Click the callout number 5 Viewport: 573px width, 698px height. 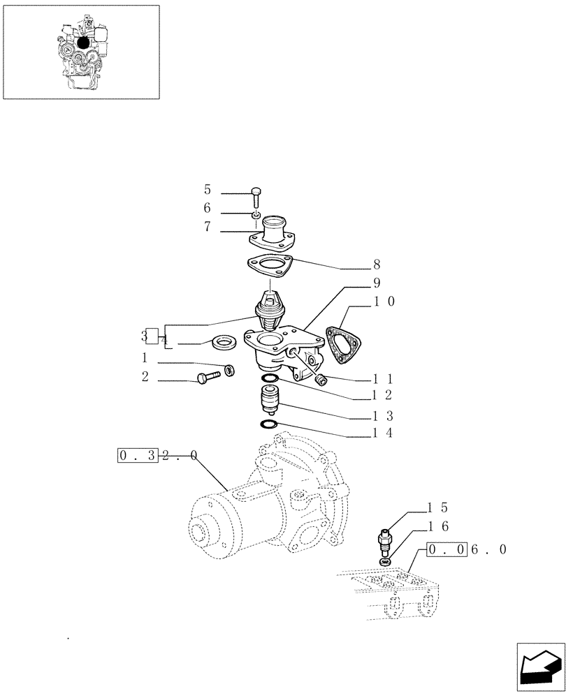click(208, 190)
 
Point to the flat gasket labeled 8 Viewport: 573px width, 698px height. click(268, 267)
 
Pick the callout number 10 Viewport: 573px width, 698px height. click(384, 302)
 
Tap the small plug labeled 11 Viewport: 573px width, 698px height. click(322, 380)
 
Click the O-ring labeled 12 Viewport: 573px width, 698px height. click(270, 379)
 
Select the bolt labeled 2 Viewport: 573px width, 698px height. click(210, 377)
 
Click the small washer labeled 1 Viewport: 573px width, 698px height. click(229, 369)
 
